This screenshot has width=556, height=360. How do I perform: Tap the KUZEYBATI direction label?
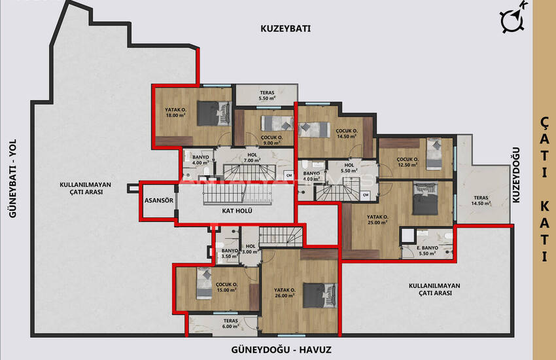tap(285, 29)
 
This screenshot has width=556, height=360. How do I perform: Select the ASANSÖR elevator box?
tap(158, 202)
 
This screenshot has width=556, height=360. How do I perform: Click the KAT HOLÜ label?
tap(237, 211)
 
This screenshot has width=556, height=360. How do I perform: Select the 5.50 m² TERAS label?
tap(267, 96)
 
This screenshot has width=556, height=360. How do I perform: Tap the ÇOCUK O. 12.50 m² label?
tap(408, 161)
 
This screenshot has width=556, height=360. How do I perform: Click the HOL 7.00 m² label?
tap(252, 158)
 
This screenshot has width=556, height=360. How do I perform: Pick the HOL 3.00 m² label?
tap(251, 249)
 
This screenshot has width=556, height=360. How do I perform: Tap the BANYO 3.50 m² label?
tap(229, 253)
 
